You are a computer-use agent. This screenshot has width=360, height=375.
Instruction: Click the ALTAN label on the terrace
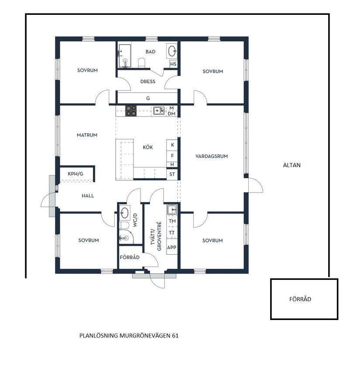pyautogui.click(x=292, y=165)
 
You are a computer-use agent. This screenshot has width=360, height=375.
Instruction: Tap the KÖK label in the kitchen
pyautogui.click(x=148, y=148)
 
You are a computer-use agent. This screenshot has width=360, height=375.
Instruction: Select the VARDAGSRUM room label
pyautogui.click(x=212, y=156)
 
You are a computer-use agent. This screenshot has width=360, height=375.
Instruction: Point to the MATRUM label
pyautogui.click(x=87, y=135)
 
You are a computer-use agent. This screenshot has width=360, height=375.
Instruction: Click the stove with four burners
pyautogui.click(x=131, y=111)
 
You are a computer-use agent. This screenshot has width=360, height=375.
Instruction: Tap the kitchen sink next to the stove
pyautogui.click(x=158, y=111)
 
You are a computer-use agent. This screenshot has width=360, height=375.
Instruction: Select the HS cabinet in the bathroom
pyautogui.click(x=173, y=64)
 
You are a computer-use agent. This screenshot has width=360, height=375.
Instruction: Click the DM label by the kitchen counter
pyautogui.click(x=172, y=114)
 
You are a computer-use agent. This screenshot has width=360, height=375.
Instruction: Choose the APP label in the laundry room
pyautogui.click(x=172, y=247)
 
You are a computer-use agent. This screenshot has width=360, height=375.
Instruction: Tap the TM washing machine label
pyautogui.click(x=172, y=221)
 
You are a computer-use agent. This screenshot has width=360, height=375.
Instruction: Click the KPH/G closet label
pyautogui.click(x=75, y=174)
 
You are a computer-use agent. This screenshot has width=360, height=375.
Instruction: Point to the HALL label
pyautogui.click(x=88, y=196)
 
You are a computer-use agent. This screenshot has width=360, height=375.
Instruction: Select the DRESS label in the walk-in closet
pyautogui.click(x=147, y=82)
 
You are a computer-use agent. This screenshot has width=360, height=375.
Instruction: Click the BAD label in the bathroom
pyautogui.click(x=150, y=52)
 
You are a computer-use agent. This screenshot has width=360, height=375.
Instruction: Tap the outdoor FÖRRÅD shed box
pyautogui.click(x=304, y=299)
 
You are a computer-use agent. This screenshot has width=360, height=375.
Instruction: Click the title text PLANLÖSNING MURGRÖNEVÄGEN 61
pyautogui.click(x=129, y=336)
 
